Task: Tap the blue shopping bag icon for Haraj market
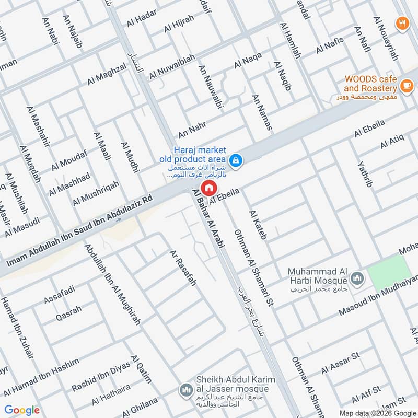tap(236, 159)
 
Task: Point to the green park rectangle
tap(389, 272)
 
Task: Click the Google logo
tap(22, 410)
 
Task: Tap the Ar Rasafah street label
tap(182, 268)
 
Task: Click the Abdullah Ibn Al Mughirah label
tap(113, 285)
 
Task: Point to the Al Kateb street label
tap(258, 225)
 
